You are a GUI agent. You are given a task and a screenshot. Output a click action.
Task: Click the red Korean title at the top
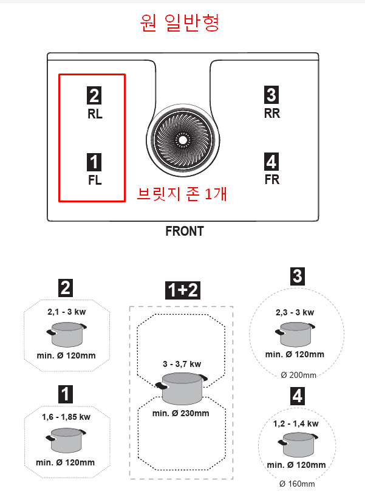[180, 23]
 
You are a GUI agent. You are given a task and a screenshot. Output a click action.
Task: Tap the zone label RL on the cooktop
[95, 114]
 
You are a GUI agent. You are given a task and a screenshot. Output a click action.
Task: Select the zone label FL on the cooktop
[95, 180]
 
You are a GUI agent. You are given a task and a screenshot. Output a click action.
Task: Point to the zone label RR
[272, 113]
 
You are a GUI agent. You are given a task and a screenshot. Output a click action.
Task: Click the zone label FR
[272, 179]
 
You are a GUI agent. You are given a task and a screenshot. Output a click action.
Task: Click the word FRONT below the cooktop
[185, 231]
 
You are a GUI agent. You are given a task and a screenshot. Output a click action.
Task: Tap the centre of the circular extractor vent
[183, 140]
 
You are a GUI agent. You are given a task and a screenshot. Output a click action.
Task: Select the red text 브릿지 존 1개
[182, 194]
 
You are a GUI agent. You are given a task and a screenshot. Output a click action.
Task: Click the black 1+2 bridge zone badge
[183, 290]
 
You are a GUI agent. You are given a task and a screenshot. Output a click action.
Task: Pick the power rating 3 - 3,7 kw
[182, 364]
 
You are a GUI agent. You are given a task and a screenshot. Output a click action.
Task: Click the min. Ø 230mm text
[180, 413]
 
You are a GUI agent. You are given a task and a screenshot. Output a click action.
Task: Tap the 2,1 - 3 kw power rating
[67, 312]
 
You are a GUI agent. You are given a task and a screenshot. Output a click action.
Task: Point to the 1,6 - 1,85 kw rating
[66, 417]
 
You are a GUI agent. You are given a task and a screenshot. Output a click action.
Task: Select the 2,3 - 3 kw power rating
[295, 312]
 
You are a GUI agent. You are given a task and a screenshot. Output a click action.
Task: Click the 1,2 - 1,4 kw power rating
[296, 423]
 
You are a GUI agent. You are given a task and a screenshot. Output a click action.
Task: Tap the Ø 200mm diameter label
[298, 375]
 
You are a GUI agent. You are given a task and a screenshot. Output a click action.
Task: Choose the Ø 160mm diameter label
[297, 484]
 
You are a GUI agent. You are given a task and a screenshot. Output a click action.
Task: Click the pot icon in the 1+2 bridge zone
[182, 388]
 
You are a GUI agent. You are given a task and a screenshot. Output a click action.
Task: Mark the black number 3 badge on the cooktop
[271, 95]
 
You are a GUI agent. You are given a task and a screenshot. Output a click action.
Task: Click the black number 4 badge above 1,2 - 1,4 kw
[298, 396]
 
